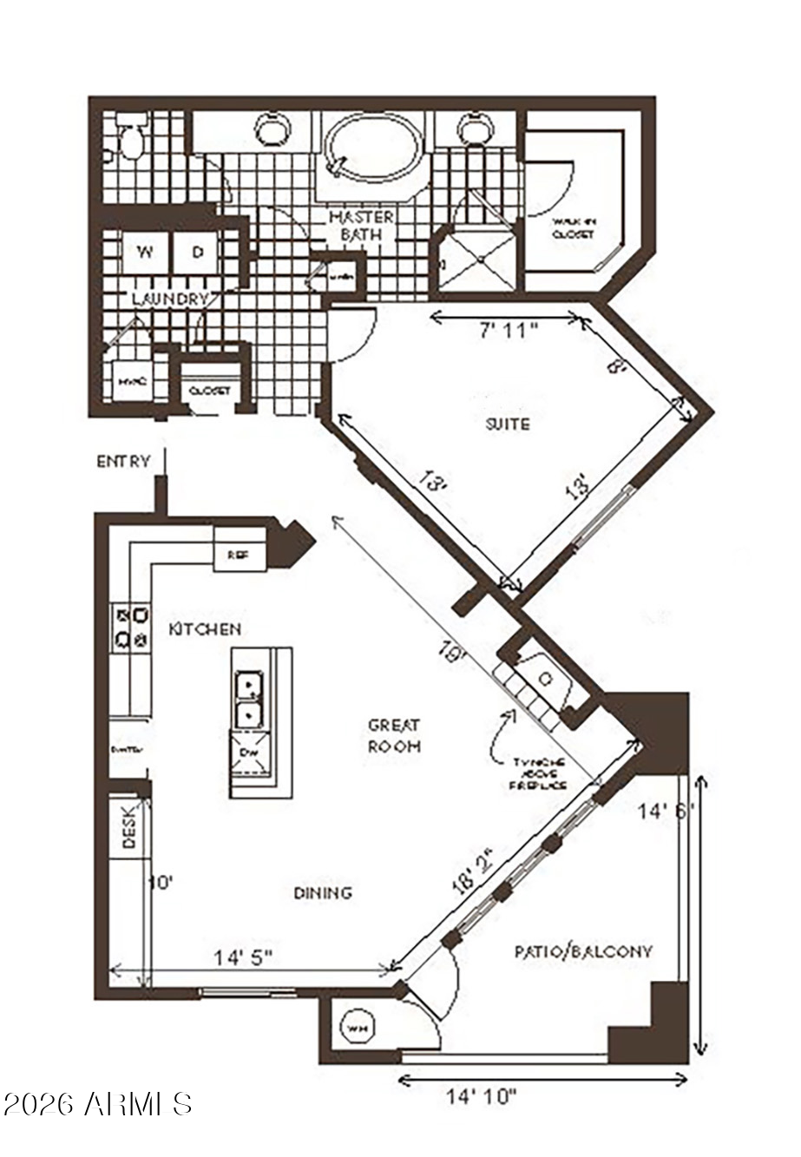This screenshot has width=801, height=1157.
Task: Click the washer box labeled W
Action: [x=145, y=253]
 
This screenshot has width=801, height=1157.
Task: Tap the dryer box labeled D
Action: [x=197, y=253]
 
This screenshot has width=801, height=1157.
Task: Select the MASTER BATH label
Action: [x=361, y=225]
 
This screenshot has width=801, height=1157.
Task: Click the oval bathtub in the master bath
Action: [x=372, y=148]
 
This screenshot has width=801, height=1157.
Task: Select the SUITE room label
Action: [x=507, y=424]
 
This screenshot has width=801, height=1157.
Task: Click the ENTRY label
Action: [x=123, y=462]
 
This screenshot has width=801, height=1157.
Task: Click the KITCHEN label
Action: [x=205, y=628]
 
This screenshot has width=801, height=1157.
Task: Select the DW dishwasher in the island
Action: [x=250, y=752]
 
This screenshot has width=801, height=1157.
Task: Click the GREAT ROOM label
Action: [x=394, y=735]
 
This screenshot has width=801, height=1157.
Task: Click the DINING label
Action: [x=322, y=892]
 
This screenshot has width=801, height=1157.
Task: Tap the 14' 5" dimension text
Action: [x=244, y=957]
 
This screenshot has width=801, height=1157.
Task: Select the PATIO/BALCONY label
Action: [x=583, y=951]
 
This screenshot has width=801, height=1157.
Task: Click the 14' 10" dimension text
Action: [x=482, y=1096]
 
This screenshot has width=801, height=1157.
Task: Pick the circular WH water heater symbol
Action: [x=357, y=1029]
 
